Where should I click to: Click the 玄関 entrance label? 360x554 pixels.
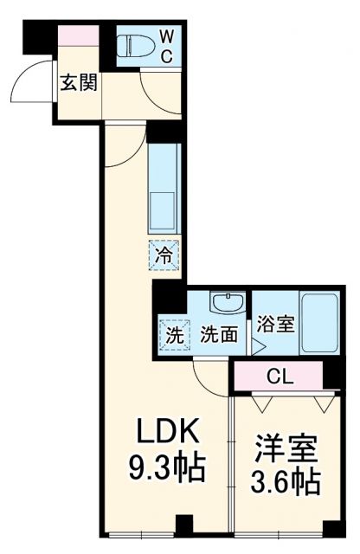click(x=77, y=84)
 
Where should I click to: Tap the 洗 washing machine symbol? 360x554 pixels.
click(x=173, y=334)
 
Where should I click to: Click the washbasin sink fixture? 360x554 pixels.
click(x=227, y=304)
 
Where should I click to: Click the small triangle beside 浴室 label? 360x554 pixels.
click(x=257, y=347)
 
